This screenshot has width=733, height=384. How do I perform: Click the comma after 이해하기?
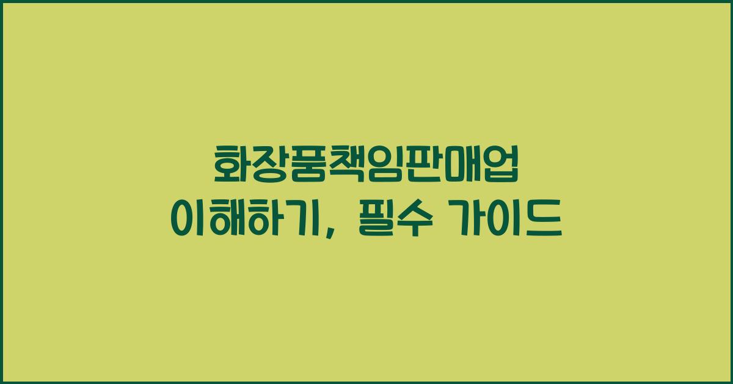(330, 230)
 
